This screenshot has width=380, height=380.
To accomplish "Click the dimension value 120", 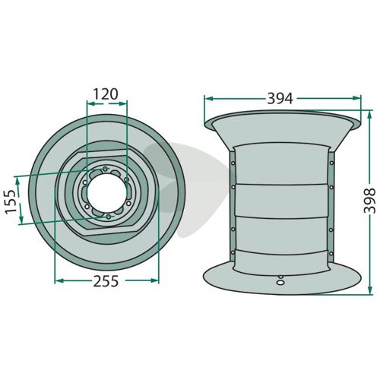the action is pyautogui.click(x=106, y=94).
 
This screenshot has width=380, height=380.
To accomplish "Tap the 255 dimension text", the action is pyautogui.click(x=106, y=281).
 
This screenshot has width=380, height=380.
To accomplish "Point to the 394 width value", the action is pyautogui.click(x=280, y=99).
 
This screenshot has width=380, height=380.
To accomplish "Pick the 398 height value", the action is pyautogui.click(x=369, y=201).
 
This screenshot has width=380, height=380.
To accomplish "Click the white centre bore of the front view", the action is pyautogui.click(x=106, y=192).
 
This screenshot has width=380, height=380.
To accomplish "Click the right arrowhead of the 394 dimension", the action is pyautogui.click(x=356, y=98).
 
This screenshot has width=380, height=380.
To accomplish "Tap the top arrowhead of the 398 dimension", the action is pyautogui.click(x=369, y=116).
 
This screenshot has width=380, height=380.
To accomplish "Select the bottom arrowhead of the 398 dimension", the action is pyautogui.click(x=369, y=290).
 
